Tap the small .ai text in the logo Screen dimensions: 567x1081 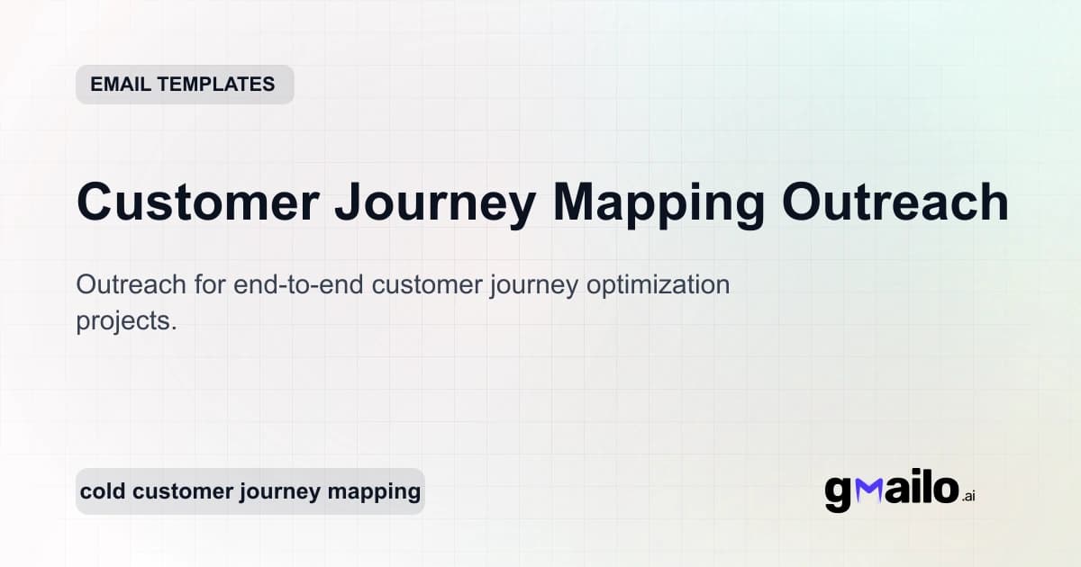point(968,496)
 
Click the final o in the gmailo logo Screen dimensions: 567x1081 point(943,490)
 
